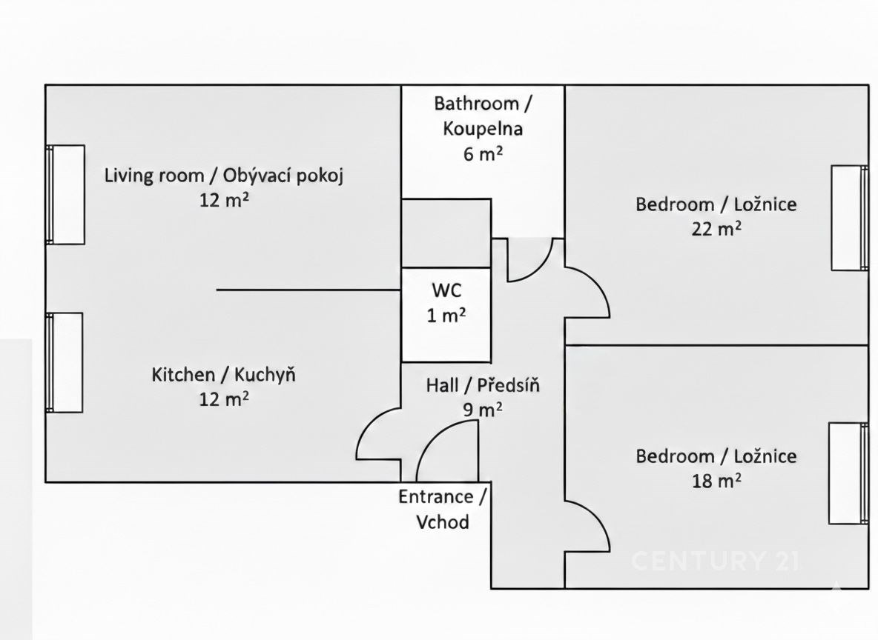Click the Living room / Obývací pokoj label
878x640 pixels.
tap(224, 176)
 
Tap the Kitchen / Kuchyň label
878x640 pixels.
tap(223, 374)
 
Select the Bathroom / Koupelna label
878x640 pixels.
tap(483, 116)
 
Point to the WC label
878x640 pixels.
tap(446, 290)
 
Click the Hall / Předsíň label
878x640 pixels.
tap(483, 385)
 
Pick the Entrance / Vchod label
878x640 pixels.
tap(443, 509)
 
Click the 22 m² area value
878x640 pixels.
tap(716, 228)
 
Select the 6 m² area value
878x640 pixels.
tap(483, 153)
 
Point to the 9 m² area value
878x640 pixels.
tap(483, 410)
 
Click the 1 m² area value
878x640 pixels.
tap(446, 316)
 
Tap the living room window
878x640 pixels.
tap(65, 195)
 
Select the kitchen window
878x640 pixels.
tap(65, 362)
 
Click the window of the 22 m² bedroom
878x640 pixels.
tap(850, 219)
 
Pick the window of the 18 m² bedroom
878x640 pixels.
tap(849, 473)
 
